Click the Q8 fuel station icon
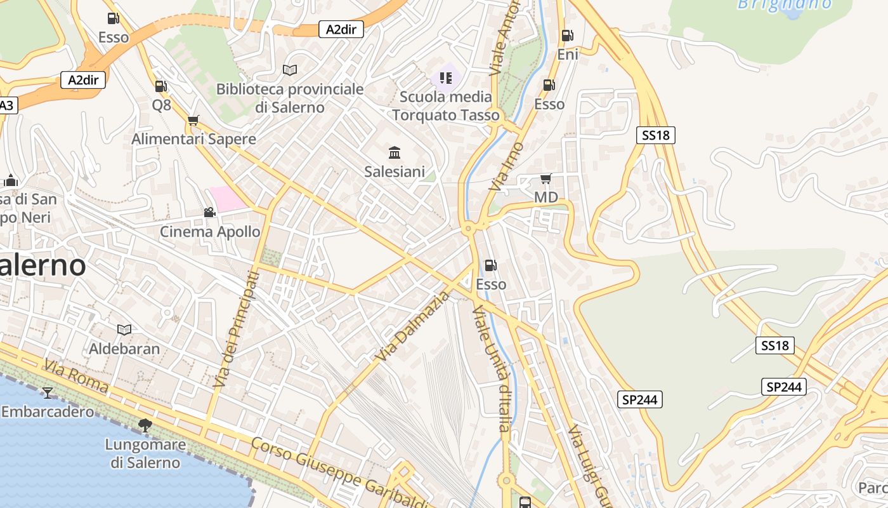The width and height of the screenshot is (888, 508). pos(161,86)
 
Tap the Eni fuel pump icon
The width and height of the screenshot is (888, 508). pos(567,36)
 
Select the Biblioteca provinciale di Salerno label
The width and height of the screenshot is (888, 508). pos(290,98)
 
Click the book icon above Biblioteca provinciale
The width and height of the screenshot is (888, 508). pos(290,70)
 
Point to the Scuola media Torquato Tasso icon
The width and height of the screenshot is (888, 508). pos(445,78)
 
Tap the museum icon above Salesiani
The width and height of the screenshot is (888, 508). pos(395,152)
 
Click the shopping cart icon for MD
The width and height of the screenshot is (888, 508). pos(545,179)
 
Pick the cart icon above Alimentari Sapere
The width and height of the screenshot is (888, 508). pos(193,120)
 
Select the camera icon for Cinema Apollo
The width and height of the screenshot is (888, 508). pos(209,212)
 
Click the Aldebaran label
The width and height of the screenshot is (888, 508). pos(125,349)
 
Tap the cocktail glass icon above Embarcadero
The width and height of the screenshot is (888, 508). pos(47,393)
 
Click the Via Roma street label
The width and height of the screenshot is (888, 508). pos(76,375)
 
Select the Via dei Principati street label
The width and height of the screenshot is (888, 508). pos(237,329)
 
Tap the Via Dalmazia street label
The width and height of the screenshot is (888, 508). pos(412,326)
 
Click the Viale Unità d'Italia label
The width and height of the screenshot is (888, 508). pos(491,368)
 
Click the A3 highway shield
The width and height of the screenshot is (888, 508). pos(6,105)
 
